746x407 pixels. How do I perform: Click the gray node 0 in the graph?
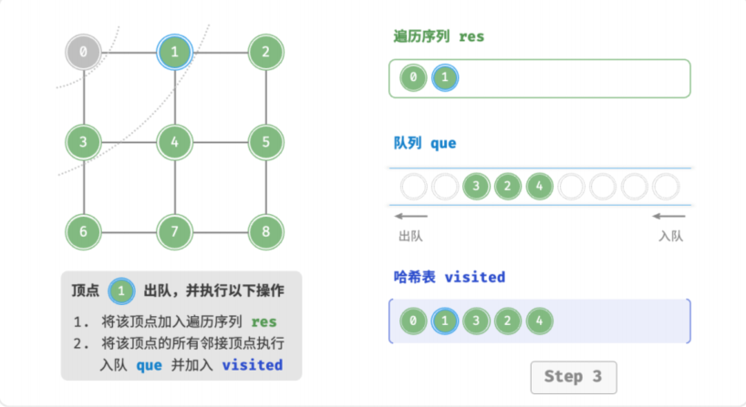click(x=83, y=52)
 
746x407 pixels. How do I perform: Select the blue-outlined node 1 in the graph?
click(x=174, y=52)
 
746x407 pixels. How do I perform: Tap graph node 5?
click(x=266, y=142)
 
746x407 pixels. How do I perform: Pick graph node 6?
click(x=83, y=232)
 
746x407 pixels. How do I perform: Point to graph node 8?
click(x=266, y=232)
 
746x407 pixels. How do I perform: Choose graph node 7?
click(x=174, y=232)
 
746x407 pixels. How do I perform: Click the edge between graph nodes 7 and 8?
click(x=221, y=232)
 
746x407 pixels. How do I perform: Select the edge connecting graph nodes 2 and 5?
click(x=266, y=97)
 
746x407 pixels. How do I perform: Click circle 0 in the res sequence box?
click(x=413, y=77)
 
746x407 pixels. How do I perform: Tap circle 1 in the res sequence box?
click(x=445, y=77)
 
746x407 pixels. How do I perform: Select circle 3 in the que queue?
click(x=476, y=187)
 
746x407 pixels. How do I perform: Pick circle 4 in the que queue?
click(x=540, y=187)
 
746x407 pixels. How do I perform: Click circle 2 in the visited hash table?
click(x=508, y=321)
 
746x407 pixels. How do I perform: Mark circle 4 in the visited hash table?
click(x=540, y=321)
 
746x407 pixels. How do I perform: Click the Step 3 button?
click(x=574, y=377)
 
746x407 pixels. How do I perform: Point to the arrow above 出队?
click(x=411, y=216)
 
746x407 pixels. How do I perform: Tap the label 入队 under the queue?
click(x=671, y=236)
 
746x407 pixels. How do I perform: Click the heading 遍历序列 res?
click(x=439, y=36)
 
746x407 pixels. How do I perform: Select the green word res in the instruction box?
click(x=264, y=322)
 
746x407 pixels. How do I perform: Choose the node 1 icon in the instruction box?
click(x=121, y=291)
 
